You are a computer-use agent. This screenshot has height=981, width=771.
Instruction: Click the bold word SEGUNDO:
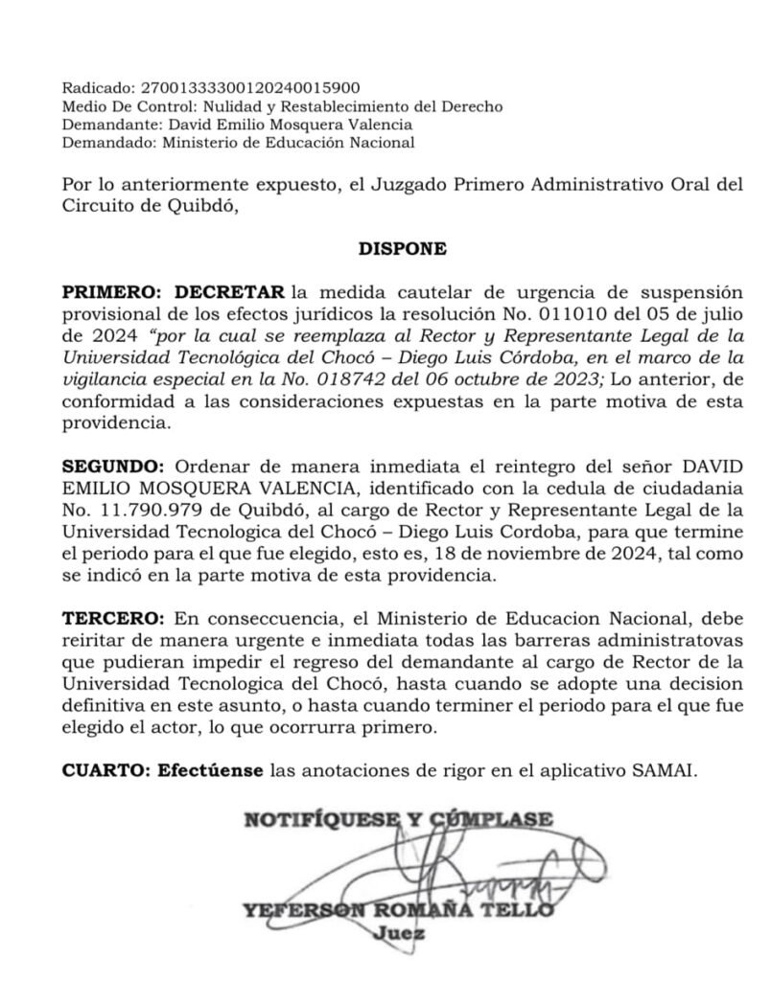[112, 466]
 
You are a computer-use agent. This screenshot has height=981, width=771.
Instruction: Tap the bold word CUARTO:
[100, 770]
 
